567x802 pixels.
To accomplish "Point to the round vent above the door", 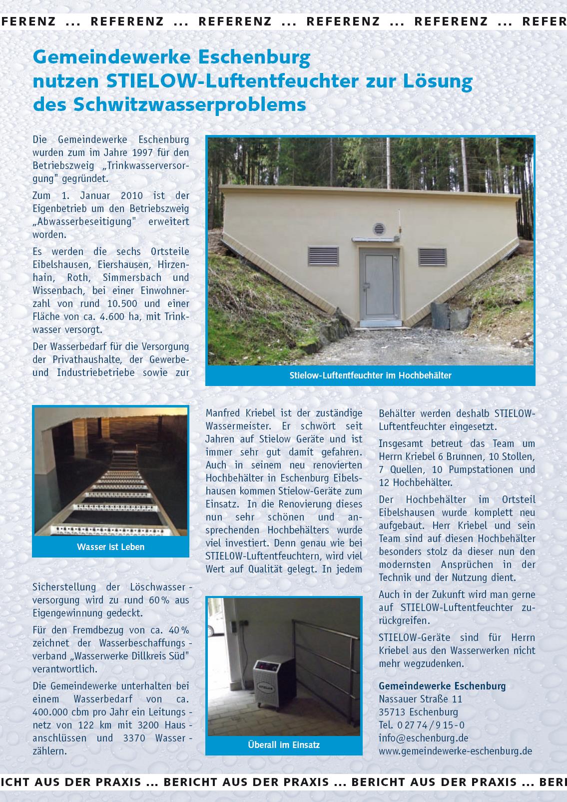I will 380,229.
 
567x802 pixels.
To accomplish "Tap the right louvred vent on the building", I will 432,256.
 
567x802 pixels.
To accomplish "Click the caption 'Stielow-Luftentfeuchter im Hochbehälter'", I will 370,375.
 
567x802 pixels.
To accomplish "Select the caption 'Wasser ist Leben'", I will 110,547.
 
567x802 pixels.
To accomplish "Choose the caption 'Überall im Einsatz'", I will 284,744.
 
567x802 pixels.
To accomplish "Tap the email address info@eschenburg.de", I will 423,738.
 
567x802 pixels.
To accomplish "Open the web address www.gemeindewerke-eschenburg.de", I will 455,751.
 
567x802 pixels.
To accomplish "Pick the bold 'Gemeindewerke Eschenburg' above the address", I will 442,686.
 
